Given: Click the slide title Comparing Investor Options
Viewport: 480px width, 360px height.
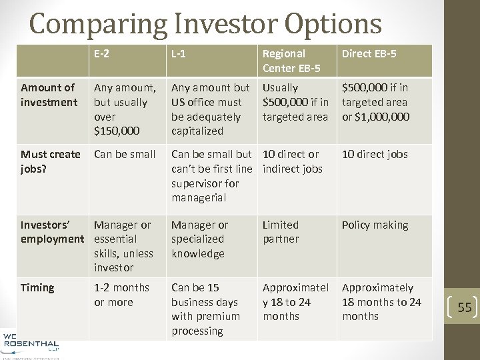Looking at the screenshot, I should pyautogui.click(x=205, y=23).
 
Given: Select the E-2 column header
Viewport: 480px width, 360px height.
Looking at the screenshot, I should pyautogui.click(x=103, y=53).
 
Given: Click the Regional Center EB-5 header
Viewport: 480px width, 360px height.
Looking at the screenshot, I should pyautogui.click(x=291, y=61).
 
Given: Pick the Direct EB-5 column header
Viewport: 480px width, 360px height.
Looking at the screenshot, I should pyautogui.click(x=369, y=53).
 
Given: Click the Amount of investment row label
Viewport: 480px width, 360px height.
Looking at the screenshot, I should pyautogui.click(x=49, y=95).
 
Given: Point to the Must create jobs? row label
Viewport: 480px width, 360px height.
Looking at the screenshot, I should pyautogui.click(x=50, y=161).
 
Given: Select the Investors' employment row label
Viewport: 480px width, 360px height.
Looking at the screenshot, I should pyautogui.click(x=52, y=232).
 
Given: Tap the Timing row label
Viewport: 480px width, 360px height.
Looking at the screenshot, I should pyautogui.click(x=37, y=288).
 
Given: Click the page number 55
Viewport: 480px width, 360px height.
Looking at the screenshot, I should pyautogui.click(x=464, y=307).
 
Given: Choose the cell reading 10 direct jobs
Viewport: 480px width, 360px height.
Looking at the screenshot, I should pyautogui.click(x=375, y=154).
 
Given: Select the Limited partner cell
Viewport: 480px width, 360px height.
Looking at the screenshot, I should pyautogui.click(x=281, y=232).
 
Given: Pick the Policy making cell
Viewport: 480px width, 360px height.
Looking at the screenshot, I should pyautogui.click(x=375, y=225).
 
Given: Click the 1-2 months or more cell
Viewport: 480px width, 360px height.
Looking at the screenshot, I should pyautogui.click(x=121, y=295).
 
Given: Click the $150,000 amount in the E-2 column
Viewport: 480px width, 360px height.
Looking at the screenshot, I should pyautogui.click(x=118, y=131).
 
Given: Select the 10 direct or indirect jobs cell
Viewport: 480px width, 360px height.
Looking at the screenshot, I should pyautogui.click(x=291, y=161).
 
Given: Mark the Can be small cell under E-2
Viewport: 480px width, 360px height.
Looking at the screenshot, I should pyautogui.click(x=125, y=154).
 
